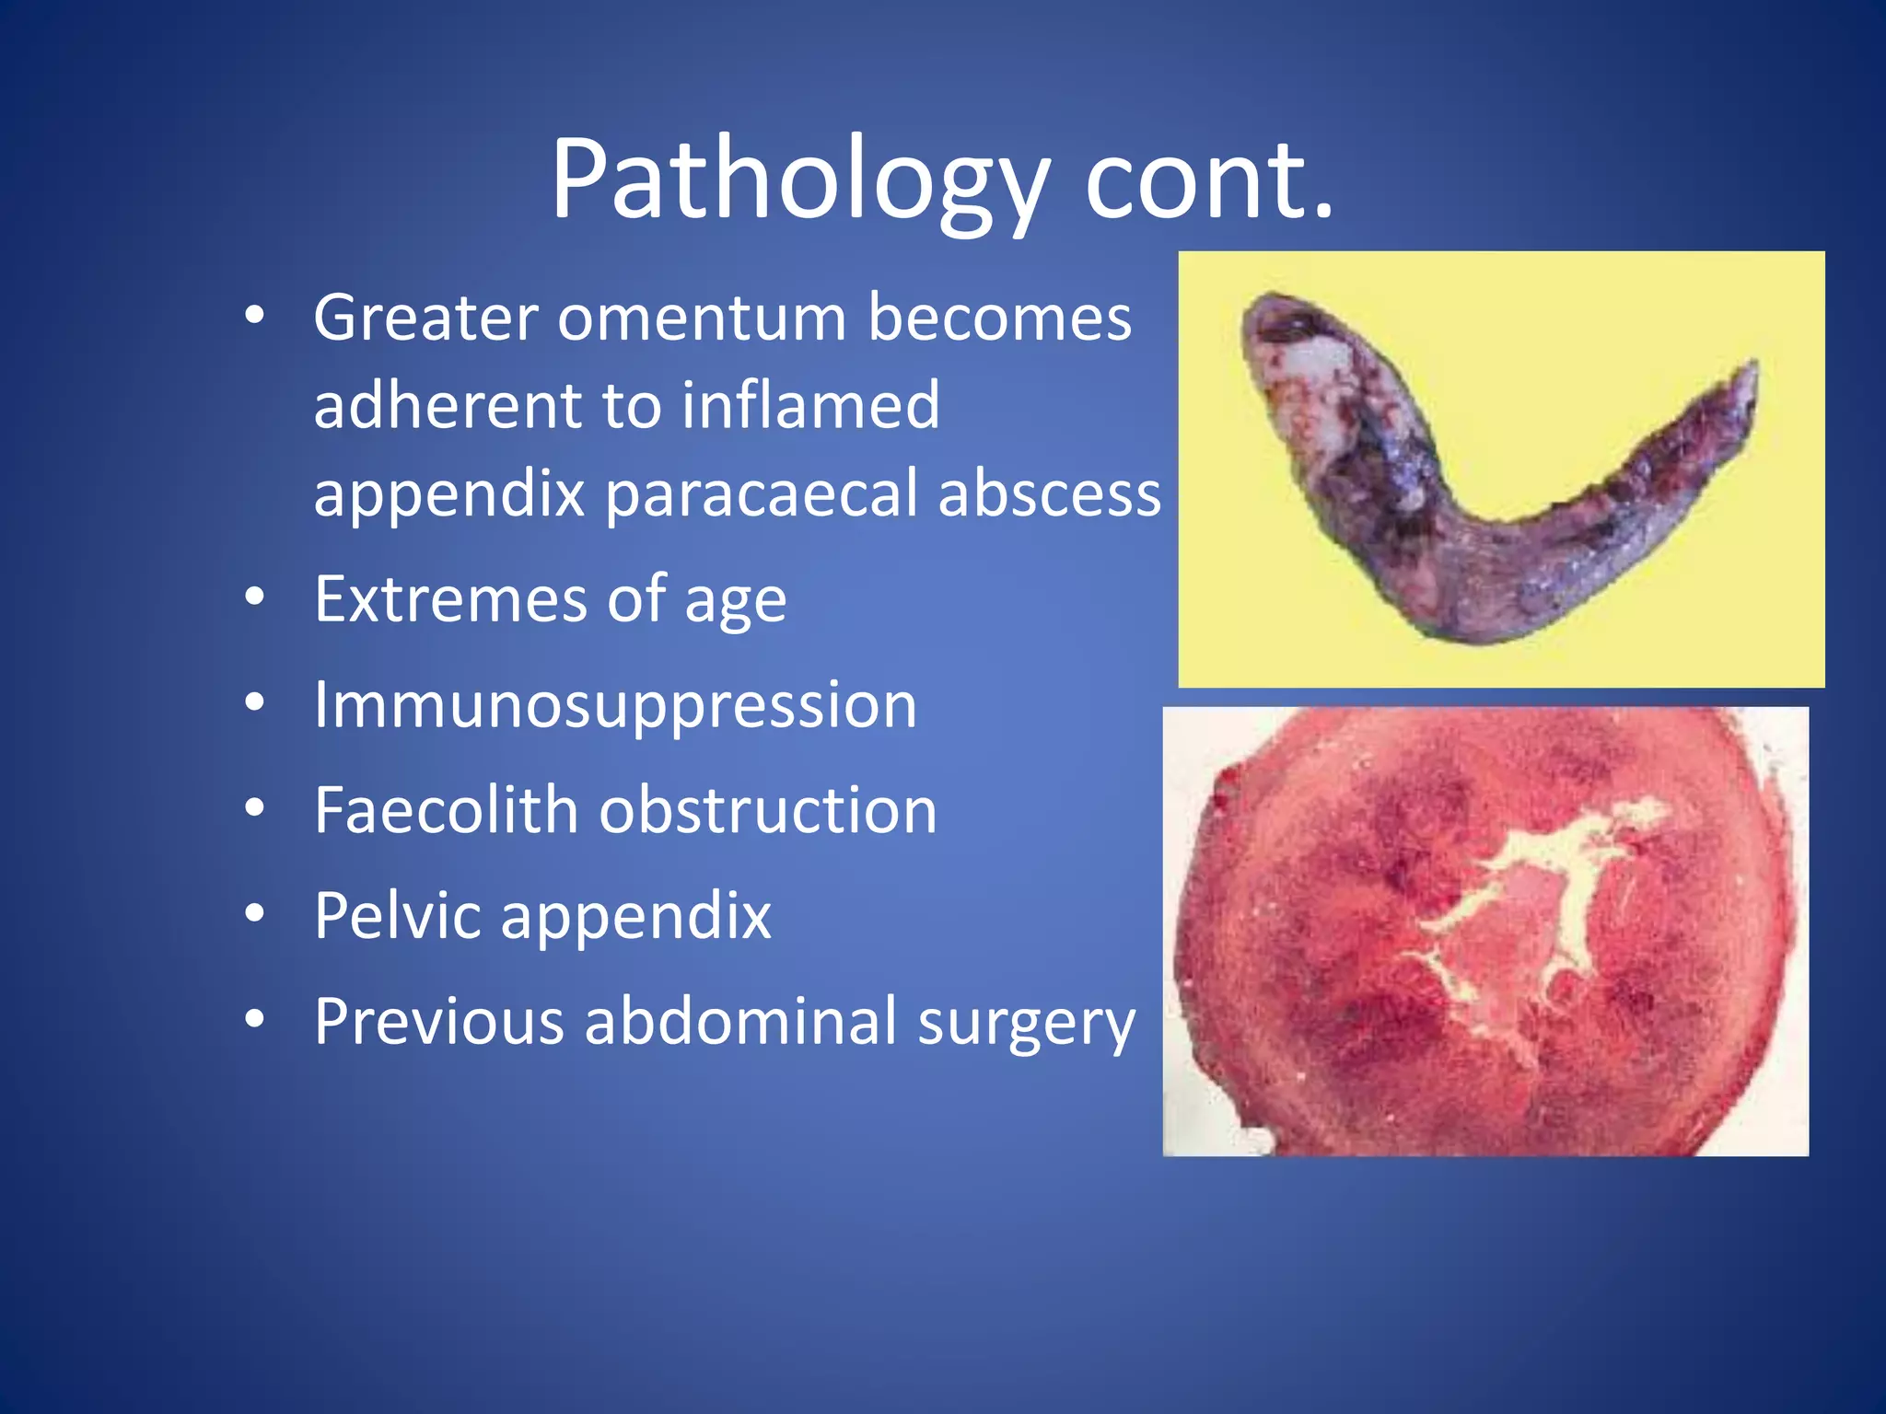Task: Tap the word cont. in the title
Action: click(1208, 180)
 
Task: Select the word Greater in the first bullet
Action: click(425, 318)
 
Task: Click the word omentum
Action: click(702, 318)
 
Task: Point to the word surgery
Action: click(1026, 1023)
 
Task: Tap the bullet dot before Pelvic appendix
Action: click(255, 914)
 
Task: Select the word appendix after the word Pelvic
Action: click(635, 917)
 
